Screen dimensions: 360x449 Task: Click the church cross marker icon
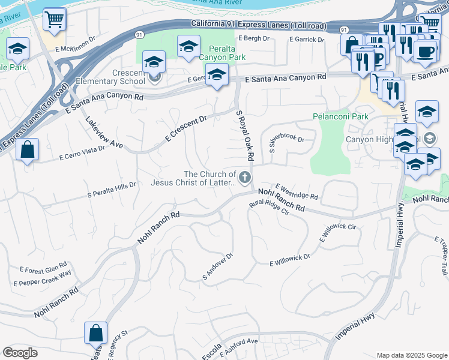(x=244, y=177)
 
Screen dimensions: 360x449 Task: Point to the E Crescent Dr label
(x=186, y=129)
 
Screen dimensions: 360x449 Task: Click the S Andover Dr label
(x=217, y=266)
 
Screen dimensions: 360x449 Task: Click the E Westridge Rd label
(x=297, y=192)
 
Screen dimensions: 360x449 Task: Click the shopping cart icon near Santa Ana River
(x=54, y=20)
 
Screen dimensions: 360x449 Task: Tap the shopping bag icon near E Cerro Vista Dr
(x=28, y=150)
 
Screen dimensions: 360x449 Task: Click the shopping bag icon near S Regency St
(x=96, y=332)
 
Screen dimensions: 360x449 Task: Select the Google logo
(x=20, y=353)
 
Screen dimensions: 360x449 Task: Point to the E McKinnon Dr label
(x=76, y=45)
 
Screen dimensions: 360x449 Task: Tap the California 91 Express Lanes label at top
(x=249, y=25)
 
